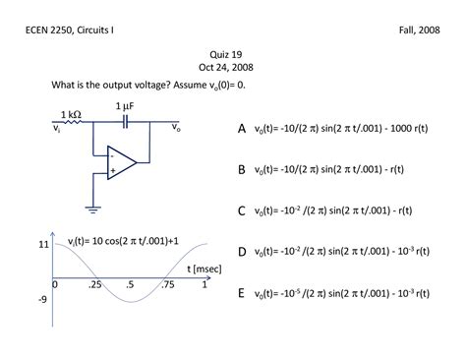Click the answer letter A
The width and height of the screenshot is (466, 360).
[x=242, y=129]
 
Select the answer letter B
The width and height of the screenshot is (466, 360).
[x=242, y=170]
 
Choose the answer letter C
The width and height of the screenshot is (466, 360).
[x=242, y=210]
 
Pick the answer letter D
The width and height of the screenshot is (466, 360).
[x=242, y=252]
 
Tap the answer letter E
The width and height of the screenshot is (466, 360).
[x=242, y=293]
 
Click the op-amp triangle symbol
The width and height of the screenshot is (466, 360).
[x=122, y=162]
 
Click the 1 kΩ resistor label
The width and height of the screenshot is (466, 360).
[x=71, y=114]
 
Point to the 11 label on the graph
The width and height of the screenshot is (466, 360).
[x=43, y=242]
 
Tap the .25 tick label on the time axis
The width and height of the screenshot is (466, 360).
[x=93, y=284]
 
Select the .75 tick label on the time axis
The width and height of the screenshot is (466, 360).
[x=167, y=284]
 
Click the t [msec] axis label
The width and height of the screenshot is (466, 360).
[x=181, y=269]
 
